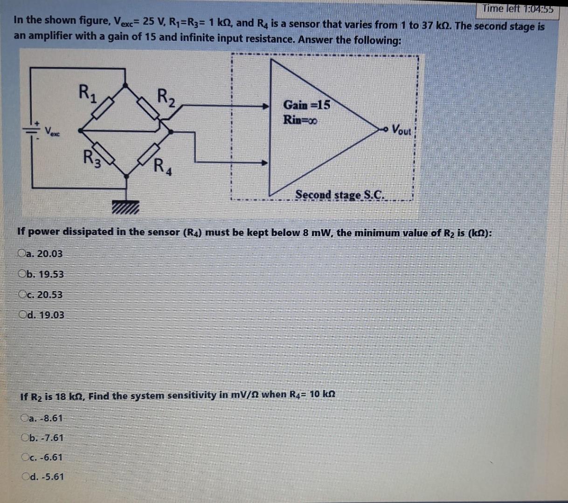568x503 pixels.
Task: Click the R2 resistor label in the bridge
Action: (x=166, y=97)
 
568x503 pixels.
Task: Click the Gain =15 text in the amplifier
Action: (x=306, y=105)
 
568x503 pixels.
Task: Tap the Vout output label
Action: (x=402, y=129)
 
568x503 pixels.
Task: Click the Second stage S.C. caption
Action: (x=340, y=195)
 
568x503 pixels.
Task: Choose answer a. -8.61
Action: (x=25, y=418)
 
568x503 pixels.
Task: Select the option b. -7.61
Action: (x=25, y=438)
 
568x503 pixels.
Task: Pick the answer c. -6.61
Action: (x=25, y=457)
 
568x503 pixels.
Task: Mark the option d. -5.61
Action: (x=25, y=476)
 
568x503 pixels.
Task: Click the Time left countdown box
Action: (x=517, y=8)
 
